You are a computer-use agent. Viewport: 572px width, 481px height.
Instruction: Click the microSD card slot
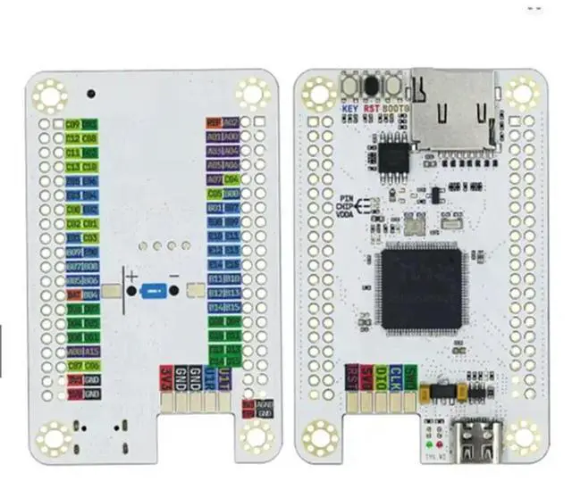coord(453,109)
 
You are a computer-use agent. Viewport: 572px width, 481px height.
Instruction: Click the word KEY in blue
coord(350,110)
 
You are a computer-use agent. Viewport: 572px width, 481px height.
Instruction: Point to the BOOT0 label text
coord(396,110)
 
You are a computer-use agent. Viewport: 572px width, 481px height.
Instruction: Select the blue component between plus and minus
coord(156,291)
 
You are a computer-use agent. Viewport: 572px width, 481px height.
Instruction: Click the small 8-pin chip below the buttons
coord(391,158)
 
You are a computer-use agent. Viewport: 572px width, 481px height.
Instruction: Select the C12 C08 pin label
coord(82,138)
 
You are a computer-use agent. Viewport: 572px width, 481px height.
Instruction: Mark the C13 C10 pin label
coord(82,167)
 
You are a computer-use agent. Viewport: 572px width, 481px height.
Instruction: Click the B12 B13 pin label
coord(223,293)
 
